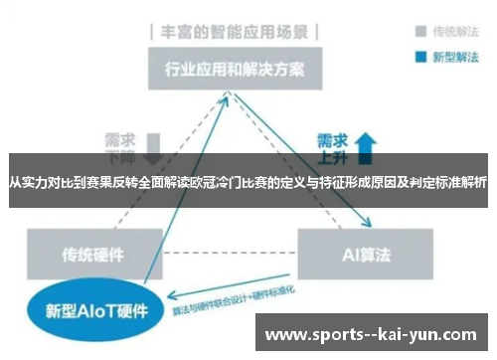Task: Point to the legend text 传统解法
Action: pos(454,30)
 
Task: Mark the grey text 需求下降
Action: pos(119,147)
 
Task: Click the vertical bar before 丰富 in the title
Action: pos(151,31)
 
